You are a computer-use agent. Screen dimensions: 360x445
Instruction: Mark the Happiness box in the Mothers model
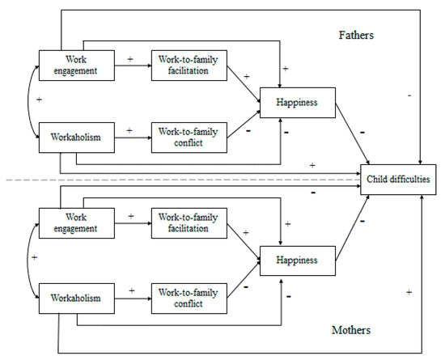point(295,261)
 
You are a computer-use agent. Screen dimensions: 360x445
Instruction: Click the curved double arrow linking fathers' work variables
point(30,100)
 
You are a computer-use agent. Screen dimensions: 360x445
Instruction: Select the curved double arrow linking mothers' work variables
point(30,260)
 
